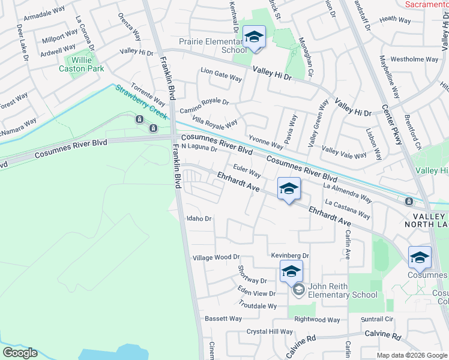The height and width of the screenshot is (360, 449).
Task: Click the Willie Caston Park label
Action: (81, 64)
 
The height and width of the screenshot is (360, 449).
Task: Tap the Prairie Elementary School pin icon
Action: (254, 37)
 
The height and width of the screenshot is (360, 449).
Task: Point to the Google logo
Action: (20, 353)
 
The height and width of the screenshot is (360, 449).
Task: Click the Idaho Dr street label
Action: (199, 218)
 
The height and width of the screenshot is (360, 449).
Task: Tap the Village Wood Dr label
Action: (216, 257)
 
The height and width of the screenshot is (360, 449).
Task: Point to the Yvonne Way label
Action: (266, 141)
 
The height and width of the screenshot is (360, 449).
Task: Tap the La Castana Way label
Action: (347, 209)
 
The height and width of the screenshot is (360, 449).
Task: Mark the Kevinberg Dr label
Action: (289, 256)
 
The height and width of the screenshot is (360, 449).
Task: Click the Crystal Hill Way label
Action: (270, 332)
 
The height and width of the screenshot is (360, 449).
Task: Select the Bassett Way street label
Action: (223, 319)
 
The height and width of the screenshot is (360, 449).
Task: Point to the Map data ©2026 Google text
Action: (412, 355)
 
